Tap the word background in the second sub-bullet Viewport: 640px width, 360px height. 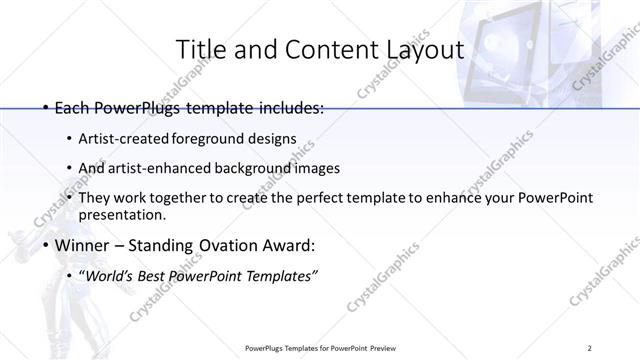point(274,168)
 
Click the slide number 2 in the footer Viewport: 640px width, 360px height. point(590,347)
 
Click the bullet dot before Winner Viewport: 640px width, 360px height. point(46,245)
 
